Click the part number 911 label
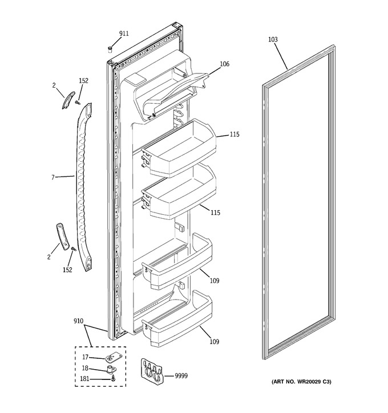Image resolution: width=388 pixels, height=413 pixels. point(124,34)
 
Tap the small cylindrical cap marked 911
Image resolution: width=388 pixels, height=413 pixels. point(110,49)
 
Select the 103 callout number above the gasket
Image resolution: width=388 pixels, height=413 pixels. point(273,39)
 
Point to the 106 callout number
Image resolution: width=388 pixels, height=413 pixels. point(224,64)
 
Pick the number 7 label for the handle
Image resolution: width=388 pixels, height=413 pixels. point(52,178)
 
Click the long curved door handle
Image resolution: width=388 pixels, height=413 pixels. point(84,187)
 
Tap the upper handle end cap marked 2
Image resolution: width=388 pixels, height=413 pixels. point(68,100)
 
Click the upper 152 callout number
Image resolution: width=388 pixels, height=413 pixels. point(84,81)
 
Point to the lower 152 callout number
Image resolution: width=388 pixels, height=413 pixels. point(67,269)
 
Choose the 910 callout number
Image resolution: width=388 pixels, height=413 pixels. point(78,321)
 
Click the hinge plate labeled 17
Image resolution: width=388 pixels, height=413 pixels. point(112,357)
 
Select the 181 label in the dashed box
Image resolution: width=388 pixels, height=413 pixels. point(84,379)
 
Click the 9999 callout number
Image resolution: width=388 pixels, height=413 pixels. point(181,376)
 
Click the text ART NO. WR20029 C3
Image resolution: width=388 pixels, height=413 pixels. point(301,382)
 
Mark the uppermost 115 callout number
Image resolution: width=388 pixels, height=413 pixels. point(234,134)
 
